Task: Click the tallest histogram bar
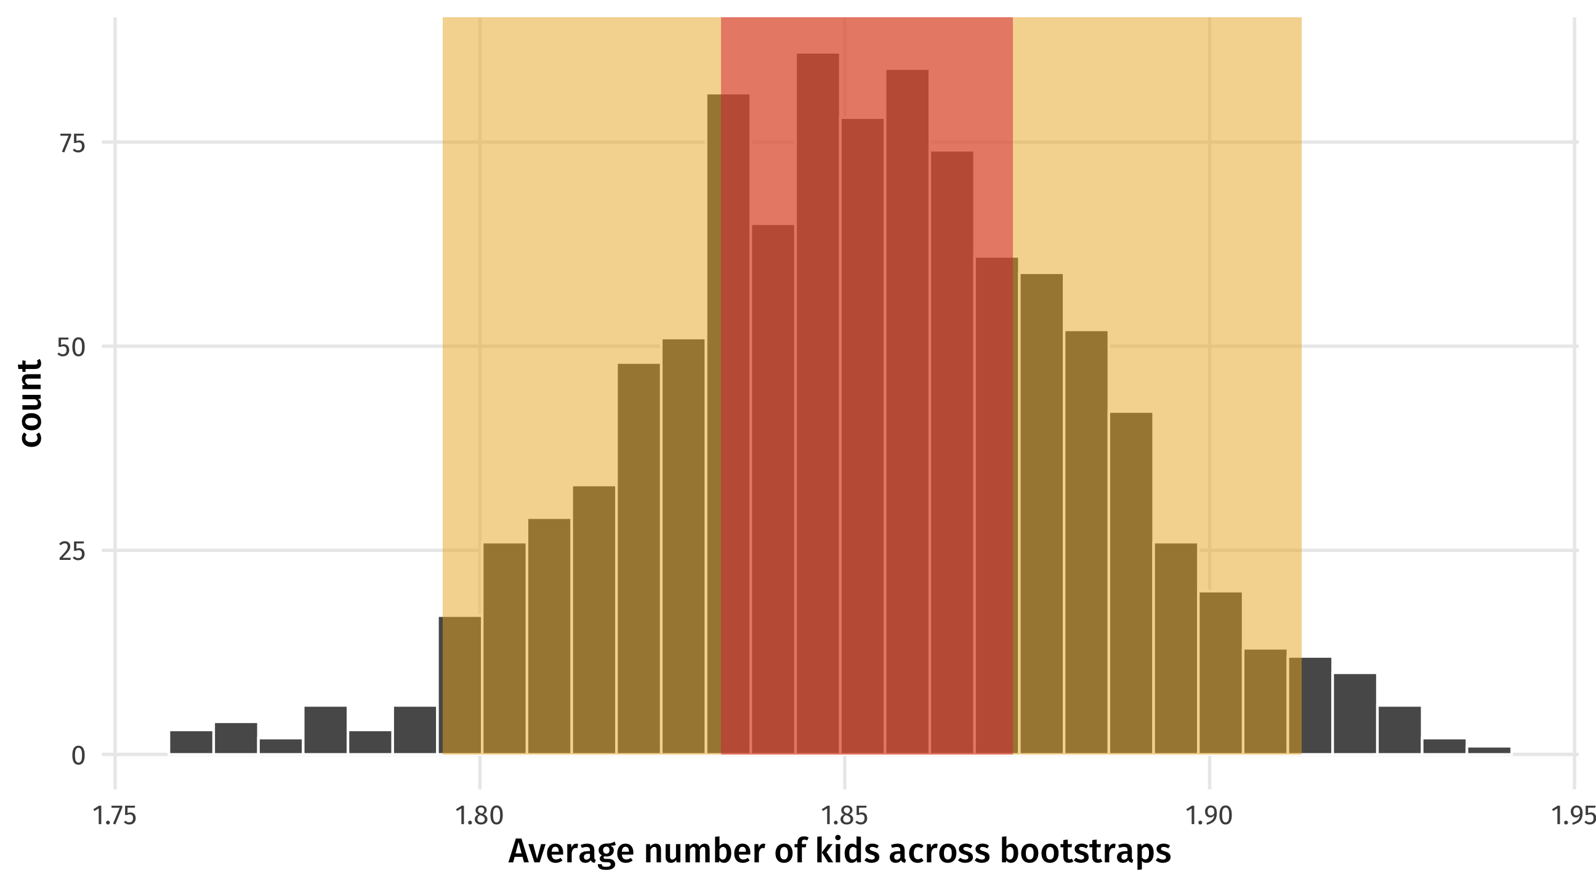(817, 403)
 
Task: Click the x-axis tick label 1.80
(479, 816)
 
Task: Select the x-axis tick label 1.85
(843, 816)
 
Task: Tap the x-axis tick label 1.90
(1208, 816)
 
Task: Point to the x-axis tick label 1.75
(115, 816)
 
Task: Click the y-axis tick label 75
(72, 143)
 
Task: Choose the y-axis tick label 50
(71, 347)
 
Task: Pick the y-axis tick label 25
(72, 551)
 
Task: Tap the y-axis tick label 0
(78, 756)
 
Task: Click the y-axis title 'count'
(30, 403)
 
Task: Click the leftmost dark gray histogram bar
(191, 742)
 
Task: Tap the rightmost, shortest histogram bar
(1489, 750)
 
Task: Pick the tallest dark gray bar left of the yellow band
(325, 729)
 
